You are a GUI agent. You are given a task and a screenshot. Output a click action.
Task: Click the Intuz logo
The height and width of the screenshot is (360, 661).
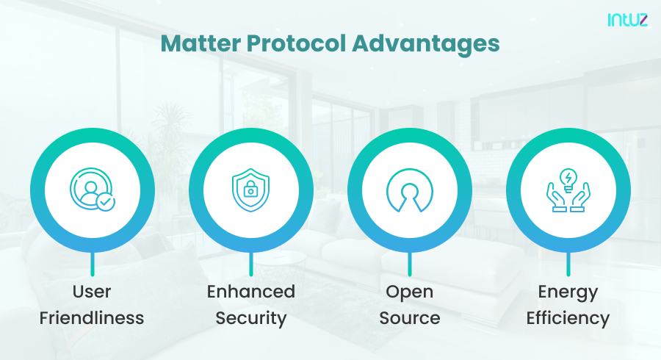(627, 20)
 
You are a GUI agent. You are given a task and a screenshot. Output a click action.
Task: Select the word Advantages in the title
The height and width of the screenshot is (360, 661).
(426, 43)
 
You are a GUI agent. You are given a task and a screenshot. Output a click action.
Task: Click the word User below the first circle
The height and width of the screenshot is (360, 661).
(92, 292)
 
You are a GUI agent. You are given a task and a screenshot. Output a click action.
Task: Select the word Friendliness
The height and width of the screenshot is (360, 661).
(92, 318)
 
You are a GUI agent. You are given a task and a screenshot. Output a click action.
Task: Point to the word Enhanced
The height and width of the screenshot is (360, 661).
(250, 292)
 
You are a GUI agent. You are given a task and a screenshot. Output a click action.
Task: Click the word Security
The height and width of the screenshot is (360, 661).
(250, 318)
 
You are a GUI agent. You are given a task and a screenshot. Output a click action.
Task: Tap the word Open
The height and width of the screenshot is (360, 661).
(409, 292)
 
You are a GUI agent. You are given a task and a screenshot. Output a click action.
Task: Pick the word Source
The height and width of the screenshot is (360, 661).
(409, 318)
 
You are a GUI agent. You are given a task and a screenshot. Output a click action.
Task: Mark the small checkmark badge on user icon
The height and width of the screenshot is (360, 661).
(105, 201)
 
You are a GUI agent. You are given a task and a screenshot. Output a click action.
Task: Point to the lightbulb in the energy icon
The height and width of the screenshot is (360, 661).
(568, 179)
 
